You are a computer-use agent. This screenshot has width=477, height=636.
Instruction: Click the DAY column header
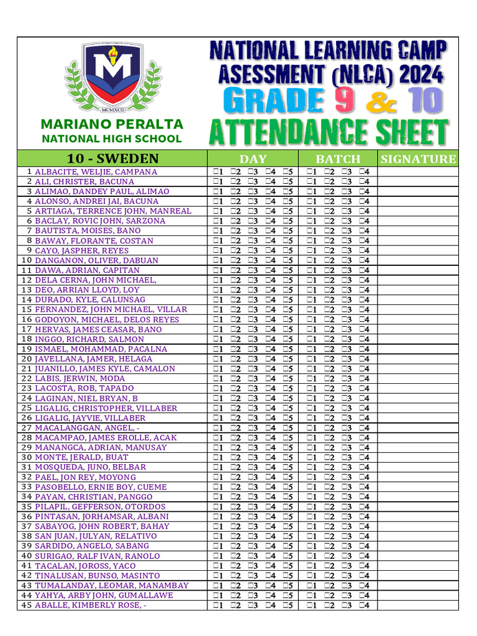pos(253,158)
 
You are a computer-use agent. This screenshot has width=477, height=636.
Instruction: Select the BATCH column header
pos(338,158)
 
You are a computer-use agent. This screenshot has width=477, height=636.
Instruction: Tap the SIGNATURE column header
pos(418,158)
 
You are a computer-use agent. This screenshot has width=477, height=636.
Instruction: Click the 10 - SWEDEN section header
pos(112,158)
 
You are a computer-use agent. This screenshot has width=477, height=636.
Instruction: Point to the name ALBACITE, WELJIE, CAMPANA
pos(96,171)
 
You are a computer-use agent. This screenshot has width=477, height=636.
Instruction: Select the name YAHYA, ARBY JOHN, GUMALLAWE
pos(103,596)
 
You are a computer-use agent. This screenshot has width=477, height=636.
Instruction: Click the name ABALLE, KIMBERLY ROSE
pos(90,606)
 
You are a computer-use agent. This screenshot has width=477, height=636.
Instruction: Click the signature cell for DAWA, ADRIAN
pos(418,270)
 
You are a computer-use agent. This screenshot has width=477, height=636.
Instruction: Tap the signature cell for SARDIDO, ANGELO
pos(418,547)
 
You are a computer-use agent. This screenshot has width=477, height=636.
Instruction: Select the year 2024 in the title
pos(422,75)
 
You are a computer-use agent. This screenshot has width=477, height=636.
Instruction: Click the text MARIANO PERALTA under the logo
pos(112,125)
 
